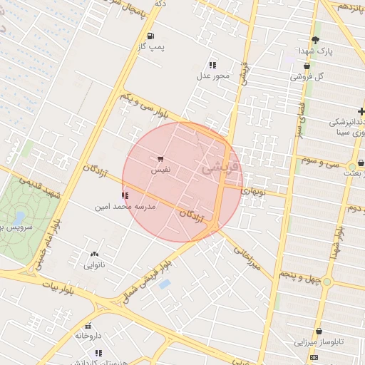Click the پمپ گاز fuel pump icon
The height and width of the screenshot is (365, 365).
[x=150, y=36]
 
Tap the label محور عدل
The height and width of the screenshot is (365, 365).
[x=213, y=76]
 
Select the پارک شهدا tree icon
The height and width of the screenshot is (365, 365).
[x=316, y=40]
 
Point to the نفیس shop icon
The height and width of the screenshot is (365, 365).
[x=160, y=159]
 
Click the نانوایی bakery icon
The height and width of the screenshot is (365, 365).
[x=94, y=255]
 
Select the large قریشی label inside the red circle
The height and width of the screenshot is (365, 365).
[x=217, y=168]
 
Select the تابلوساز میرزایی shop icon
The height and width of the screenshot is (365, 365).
[x=317, y=331]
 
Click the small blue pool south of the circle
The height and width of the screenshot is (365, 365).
[x=165, y=284]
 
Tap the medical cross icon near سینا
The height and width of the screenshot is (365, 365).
[x=361, y=111]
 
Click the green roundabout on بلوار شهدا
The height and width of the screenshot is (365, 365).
[x=327, y=282]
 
